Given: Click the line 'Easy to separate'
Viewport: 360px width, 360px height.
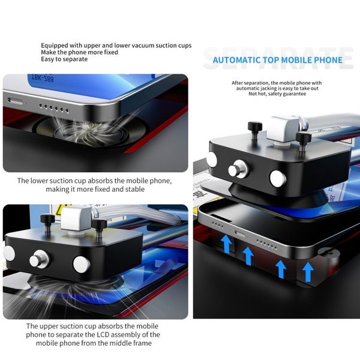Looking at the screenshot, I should [x=65, y=59].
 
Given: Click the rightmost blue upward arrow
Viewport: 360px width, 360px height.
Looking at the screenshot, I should [x=308, y=271].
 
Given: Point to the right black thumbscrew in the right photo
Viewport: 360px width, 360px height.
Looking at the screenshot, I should [x=304, y=139].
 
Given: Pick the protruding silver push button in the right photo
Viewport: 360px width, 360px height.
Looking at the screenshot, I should [x=236, y=170].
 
